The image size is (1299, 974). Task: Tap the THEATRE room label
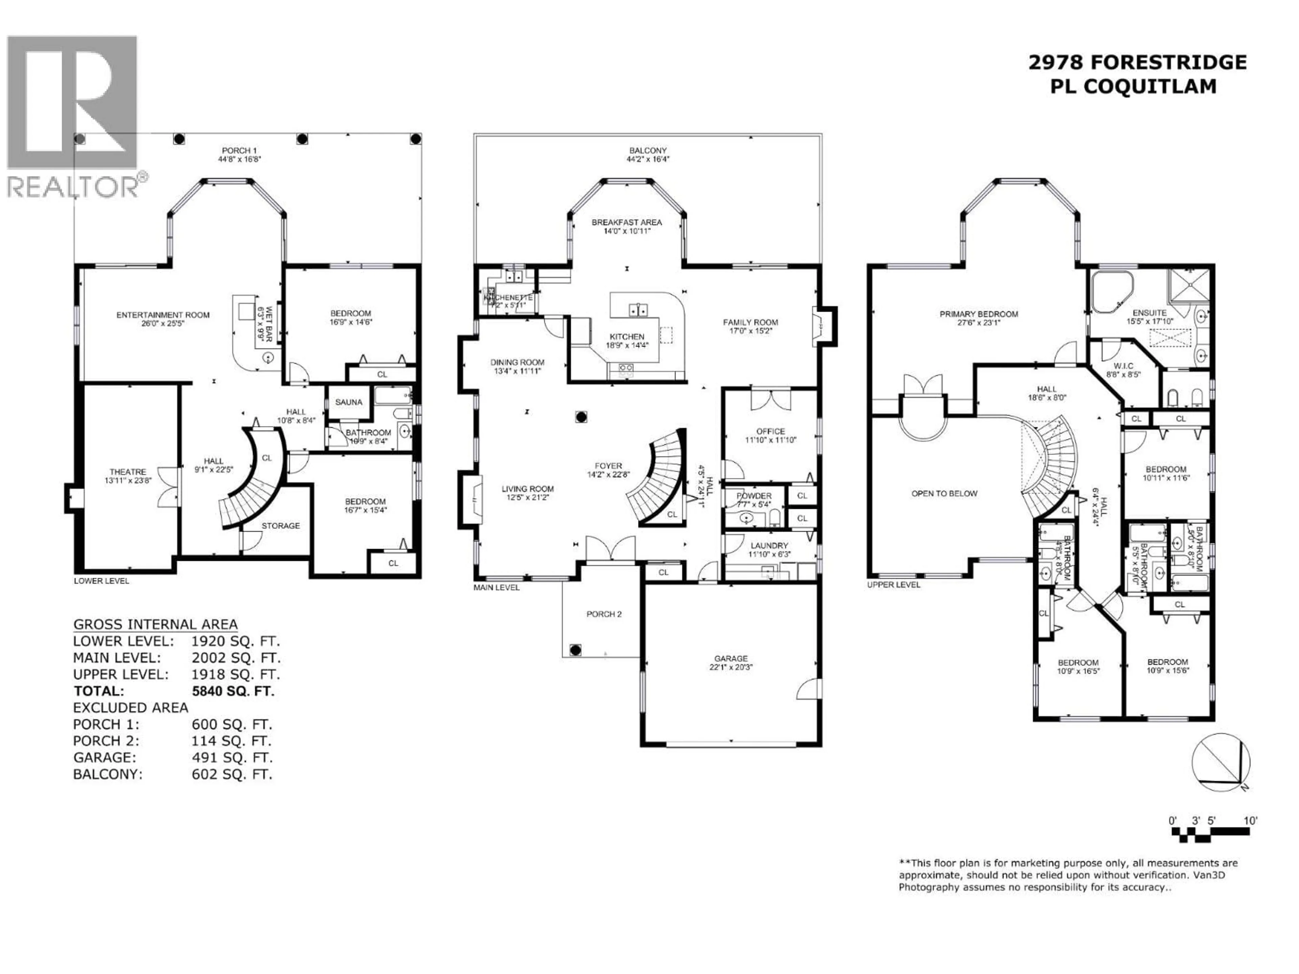pyautogui.click(x=128, y=472)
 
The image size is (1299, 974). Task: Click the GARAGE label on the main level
pyautogui.click(x=731, y=659)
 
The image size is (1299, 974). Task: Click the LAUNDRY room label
pyautogui.click(x=769, y=546)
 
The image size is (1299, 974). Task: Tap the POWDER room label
pyautogui.click(x=754, y=496)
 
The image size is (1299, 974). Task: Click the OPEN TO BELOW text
pyautogui.click(x=944, y=494)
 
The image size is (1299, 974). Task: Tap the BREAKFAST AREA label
pyautogui.click(x=626, y=223)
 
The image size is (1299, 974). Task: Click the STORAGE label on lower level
pyautogui.click(x=280, y=526)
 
